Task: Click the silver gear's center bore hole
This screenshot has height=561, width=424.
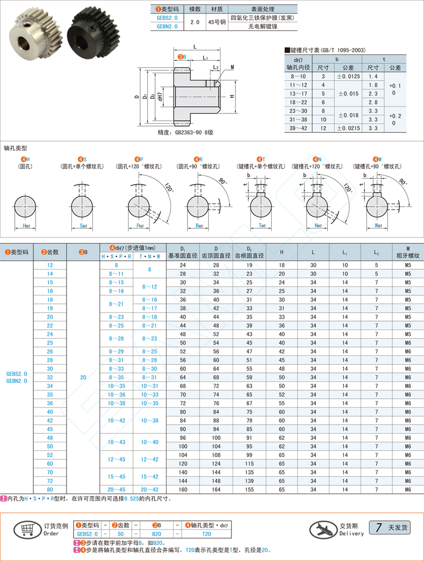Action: pyautogui.click(x=26, y=42)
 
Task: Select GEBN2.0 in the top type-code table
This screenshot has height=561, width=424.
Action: pyautogui.click(x=167, y=26)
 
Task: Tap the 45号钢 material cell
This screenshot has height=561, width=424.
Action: pyautogui.click(x=217, y=22)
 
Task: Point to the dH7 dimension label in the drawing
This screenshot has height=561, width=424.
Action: pyautogui.click(x=160, y=97)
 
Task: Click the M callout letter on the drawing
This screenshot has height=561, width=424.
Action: pyautogui.click(x=232, y=67)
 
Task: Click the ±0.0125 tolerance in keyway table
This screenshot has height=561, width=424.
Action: pyautogui.click(x=348, y=76)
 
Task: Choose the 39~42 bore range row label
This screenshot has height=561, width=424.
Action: pyautogui.click(x=298, y=128)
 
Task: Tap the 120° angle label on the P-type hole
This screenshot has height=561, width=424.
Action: pyautogui.click(x=170, y=187)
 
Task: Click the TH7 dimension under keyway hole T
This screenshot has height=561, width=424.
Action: pyautogui.click(x=262, y=226)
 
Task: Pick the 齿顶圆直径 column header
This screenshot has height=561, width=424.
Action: pyautogui.click(x=216, y=256)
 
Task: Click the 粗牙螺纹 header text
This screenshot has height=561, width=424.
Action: pyautogui.click(x=408, y=256)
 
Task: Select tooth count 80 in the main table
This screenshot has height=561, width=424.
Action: pyautogui.click(x=50, y=490)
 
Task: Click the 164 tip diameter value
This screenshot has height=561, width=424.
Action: pyautogui.click(x=216, y=490)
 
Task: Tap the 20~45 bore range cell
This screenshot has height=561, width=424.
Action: pyautogui.click(x=116, y=490)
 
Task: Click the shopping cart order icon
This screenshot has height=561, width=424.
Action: pyautogui.click(x=27, y=529)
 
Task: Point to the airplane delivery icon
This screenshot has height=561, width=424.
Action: pyautogui.click(x=323, y=529)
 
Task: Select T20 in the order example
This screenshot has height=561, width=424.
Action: pyautogui.click(x=207, y=534)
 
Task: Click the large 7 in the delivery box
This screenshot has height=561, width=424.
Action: pyautogui.click(x=378, y=528)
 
